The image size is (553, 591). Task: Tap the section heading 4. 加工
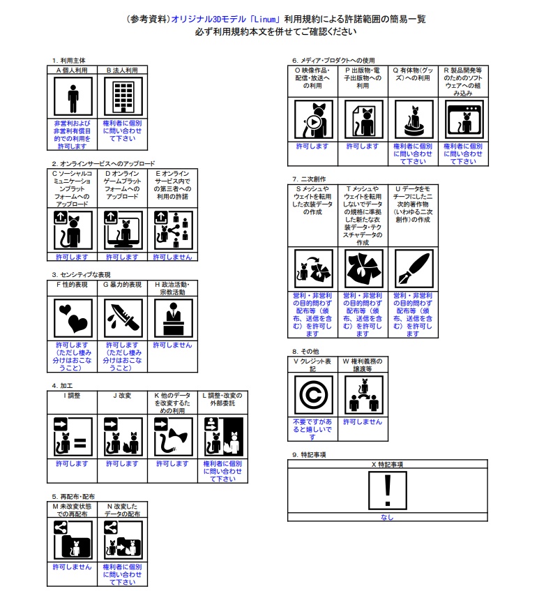(63, 385)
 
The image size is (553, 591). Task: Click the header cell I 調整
(72, 395)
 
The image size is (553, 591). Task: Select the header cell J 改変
(122, 395)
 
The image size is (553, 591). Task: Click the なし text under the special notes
(387, 518)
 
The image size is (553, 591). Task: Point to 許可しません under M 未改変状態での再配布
(73, 567)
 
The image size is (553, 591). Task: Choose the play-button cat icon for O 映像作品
(312, 119)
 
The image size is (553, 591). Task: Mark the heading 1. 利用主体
(68, 60)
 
